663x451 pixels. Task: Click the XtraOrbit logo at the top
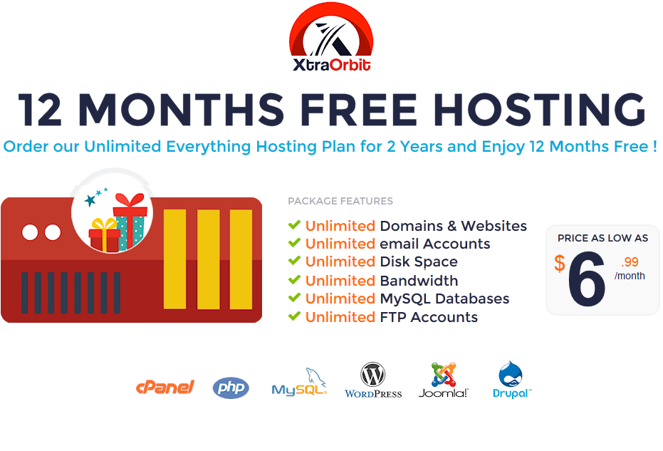tap(331, 37)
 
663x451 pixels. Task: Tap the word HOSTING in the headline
tap(539, 110)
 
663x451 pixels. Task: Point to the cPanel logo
tap(165, 387)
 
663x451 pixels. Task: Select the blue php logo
tap(231, 388)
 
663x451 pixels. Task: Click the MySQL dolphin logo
tap(299, 382)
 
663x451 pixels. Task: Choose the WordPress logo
tap(373, 380)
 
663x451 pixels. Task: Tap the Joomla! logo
tap(444, 380)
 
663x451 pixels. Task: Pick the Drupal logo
tap(511, 380)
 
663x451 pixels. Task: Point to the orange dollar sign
tap(560, 263)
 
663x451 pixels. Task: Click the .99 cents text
tap(630, 262)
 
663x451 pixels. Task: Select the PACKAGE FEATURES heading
tap(340, 201)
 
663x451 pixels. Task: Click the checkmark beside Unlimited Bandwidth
tap(294, 280)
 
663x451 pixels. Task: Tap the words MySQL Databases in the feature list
tap(444, 299)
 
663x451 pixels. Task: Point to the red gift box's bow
tap(130, 199)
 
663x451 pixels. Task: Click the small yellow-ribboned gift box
tap(105, 235)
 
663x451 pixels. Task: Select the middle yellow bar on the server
tap(209, 259)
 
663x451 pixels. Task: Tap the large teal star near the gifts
tap(90, 199)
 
